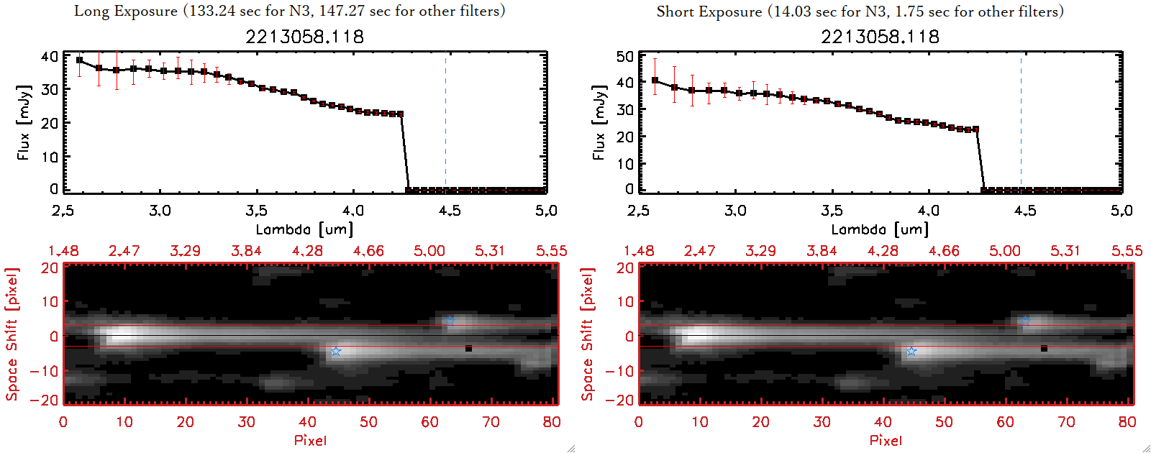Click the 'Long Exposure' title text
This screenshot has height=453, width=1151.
point(126,11)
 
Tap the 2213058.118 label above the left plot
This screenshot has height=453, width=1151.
point(304,37)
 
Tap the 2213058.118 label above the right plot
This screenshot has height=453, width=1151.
point(880,37)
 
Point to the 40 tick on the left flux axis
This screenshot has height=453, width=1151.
point(50,56)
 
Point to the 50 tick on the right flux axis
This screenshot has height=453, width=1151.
point(625,56)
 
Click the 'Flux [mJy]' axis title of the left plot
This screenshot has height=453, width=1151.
point(24,123)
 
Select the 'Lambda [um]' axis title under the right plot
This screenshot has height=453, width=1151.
point(880,230)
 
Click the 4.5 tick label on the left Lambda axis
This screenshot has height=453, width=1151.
point(450,211)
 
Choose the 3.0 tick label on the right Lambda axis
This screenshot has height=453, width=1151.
point(735,211)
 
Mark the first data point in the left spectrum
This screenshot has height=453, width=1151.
point(79,60)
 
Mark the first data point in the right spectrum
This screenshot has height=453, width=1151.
point(655,81)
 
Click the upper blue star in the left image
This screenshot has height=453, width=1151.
point(450,321)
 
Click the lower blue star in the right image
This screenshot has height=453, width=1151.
point(911,351)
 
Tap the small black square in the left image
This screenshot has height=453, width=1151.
point(468,349)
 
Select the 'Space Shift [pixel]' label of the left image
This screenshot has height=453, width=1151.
point(12,334)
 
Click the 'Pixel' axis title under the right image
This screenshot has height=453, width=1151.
point(886,440)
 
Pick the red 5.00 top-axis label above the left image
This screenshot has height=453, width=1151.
point(429,251)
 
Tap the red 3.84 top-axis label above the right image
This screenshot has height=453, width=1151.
point(822,251)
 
